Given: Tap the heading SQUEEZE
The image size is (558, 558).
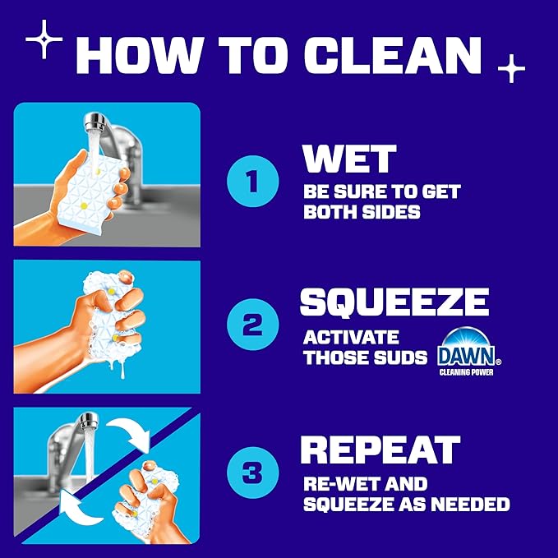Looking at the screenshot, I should tap(394, 302).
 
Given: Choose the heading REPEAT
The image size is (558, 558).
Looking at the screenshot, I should tap(379, 450).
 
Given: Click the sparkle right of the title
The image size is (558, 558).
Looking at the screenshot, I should tap(511, 68).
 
